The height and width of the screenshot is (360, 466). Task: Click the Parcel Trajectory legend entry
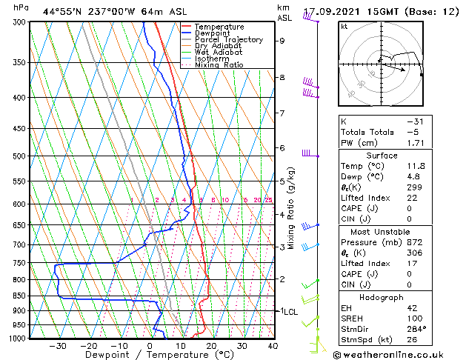[228, 39]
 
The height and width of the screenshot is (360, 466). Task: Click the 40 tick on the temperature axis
[273, 345]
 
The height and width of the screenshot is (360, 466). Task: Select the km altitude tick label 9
[282, 41]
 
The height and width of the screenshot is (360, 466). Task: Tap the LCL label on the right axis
[290, 312]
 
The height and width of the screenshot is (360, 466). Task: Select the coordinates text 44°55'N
[60, 12]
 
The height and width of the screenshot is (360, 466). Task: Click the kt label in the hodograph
[344, 26]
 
